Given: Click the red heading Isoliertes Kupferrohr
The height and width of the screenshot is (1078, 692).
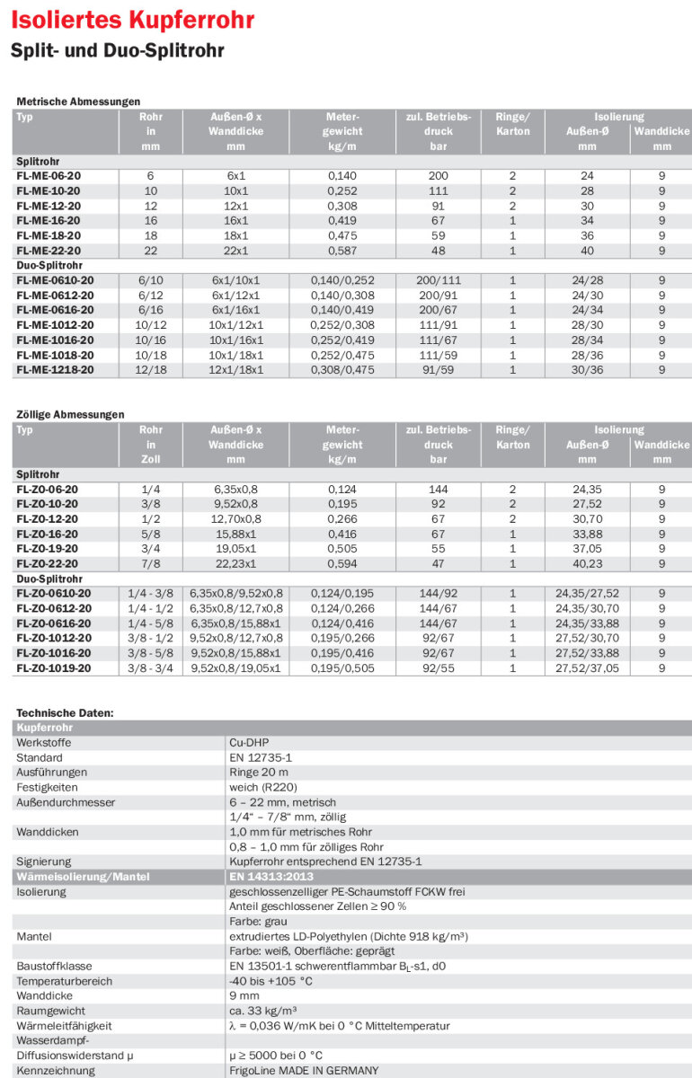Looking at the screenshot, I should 132,20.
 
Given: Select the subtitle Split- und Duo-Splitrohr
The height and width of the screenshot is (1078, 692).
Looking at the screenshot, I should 117,50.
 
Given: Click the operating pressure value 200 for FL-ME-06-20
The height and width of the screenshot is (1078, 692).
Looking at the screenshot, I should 439,176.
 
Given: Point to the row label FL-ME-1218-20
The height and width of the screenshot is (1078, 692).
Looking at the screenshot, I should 54,369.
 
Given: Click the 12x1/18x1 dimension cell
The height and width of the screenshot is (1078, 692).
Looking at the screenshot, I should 235,369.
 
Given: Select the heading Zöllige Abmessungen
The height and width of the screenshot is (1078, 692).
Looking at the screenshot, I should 70,414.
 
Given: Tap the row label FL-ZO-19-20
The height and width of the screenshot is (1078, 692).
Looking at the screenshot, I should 47,549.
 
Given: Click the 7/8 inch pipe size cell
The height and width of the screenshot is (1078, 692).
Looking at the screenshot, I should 150,563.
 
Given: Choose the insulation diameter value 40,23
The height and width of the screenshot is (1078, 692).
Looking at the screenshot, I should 587,563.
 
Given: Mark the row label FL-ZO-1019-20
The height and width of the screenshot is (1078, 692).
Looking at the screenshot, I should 53,668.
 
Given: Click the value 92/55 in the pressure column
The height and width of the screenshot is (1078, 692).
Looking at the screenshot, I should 439,668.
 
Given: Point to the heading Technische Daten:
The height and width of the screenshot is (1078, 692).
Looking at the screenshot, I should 65,712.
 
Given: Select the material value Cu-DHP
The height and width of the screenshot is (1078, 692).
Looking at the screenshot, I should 249,743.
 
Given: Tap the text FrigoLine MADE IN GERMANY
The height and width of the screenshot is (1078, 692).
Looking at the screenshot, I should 304,1070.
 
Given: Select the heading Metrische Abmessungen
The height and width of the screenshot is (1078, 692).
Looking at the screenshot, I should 78,102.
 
